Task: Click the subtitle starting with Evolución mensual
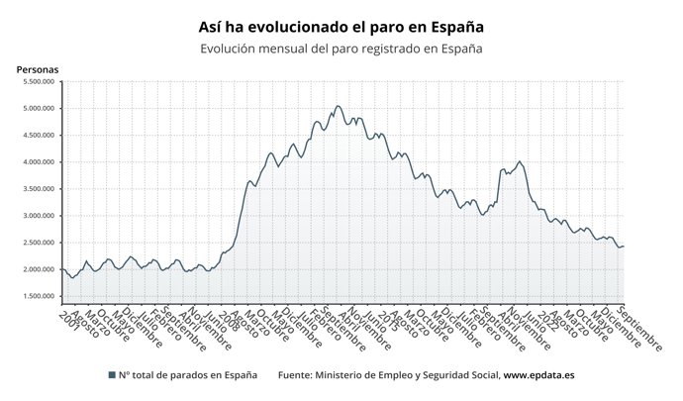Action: pos(341,49)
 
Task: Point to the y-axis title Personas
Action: pos(38,69)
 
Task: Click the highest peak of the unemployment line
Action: pos(338,106)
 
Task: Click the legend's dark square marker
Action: pos(111,375)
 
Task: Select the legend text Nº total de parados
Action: pos(188,375)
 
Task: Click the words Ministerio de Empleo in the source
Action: pos(364,375)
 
